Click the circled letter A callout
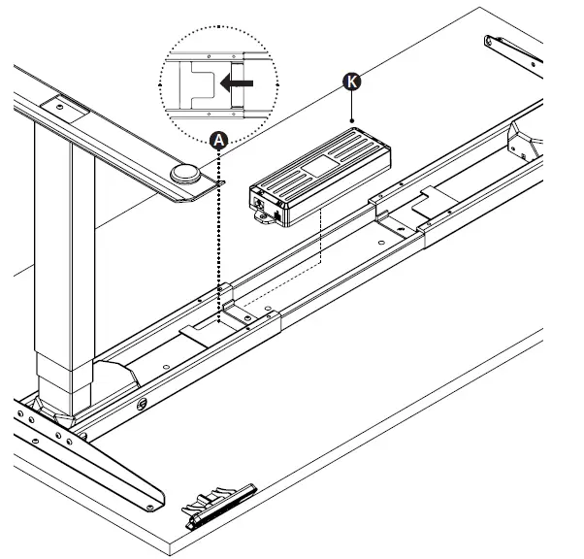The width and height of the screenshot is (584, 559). tap(218, 141)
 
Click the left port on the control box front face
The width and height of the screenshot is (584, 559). tap(260, 203)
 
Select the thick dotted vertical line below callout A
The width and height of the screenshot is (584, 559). tap(218, 233)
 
